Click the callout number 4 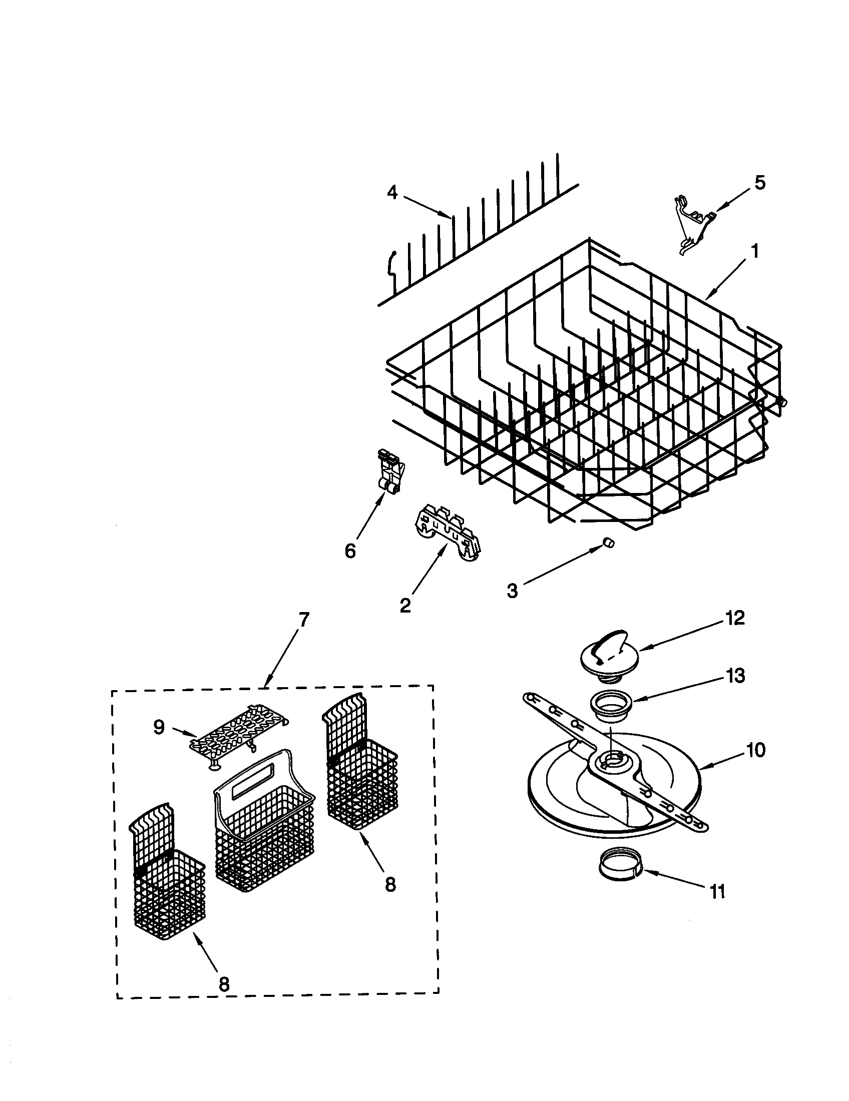click(392, 193)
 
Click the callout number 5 click(759, 183)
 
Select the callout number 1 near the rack click(755, 251)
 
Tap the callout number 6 click(350, 551)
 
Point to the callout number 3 click(512, 591)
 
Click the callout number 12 click(735, 618)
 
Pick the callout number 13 click(735, 676)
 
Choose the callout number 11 click(717, 892)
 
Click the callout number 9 click(159, 727)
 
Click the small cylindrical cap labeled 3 click(609, 542)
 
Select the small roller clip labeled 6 click(388, 470)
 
